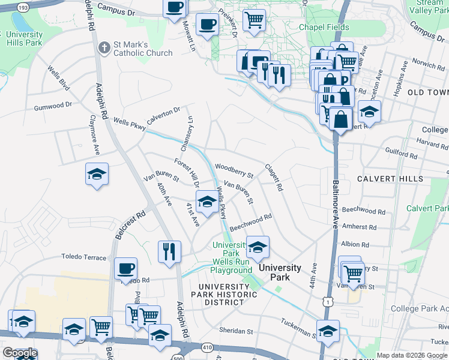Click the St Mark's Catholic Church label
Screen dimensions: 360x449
click(143, 47)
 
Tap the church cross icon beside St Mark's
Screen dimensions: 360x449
click(104, 46)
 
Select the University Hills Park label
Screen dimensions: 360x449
click(24, 39)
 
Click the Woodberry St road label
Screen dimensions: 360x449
click(234, 170)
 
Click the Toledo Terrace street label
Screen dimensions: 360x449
click(83, 256)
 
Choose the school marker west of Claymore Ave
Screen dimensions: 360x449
click(97, 174)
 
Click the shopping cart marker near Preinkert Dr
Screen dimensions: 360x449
click(254, 19)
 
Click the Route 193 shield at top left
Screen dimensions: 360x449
click(23, 7)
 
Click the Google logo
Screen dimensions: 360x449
click(19, 353)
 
